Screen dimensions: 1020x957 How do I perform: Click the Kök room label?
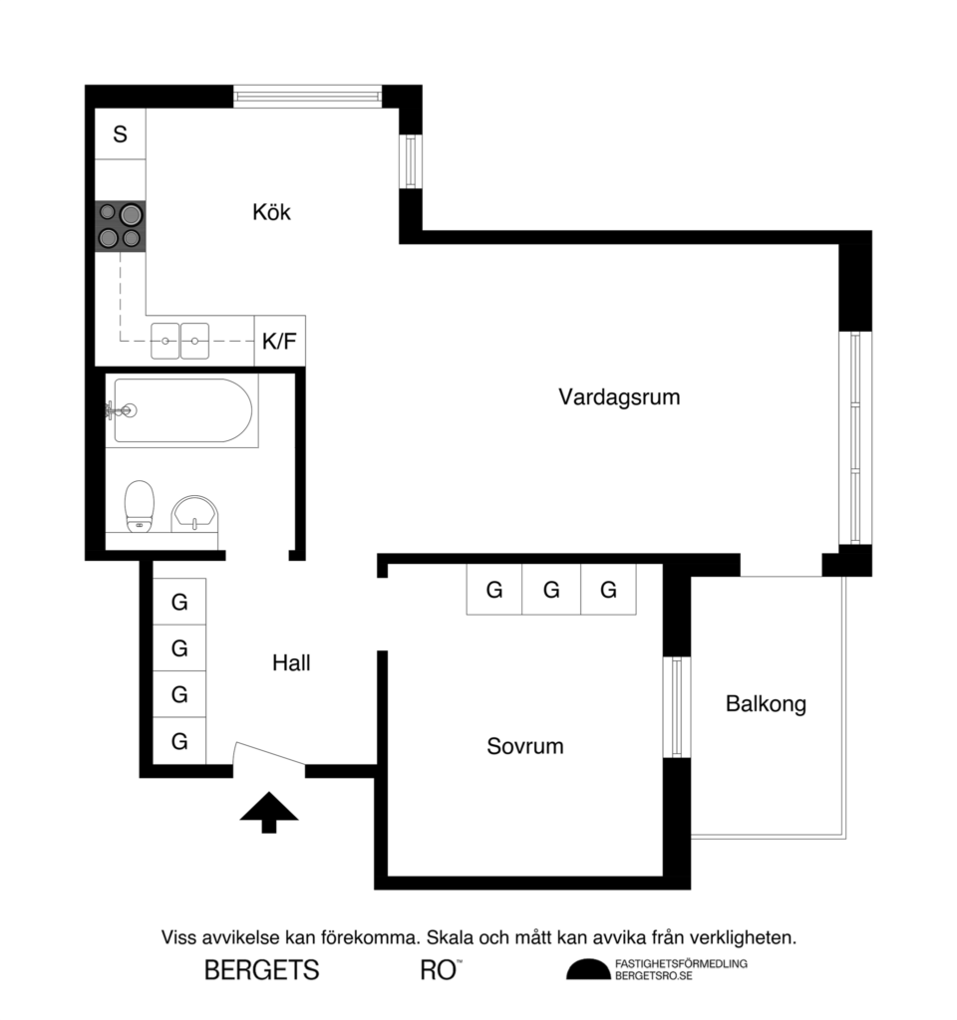click(271, 212)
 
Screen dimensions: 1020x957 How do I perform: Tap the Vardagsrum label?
click(618, 397)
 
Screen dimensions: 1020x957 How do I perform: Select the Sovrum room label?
click(524, 746)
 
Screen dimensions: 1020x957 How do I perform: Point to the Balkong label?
click(766, 704)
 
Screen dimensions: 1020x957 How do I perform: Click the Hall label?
click(291, 662)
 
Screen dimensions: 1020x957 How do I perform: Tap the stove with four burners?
click(120, 225)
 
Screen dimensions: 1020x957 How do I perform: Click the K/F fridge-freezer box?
click(279, 342)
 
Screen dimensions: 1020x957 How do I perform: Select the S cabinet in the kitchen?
click(121, 134)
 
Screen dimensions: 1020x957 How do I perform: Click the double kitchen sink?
click(180, 342)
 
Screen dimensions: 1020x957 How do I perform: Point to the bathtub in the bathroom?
click(181, 409)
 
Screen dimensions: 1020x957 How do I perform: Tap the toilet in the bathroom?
click(139, 505)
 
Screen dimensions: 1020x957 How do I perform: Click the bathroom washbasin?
click(194, 513)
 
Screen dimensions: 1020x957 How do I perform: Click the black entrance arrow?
click(269, 811)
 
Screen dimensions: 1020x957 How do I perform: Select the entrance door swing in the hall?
click(268, 757)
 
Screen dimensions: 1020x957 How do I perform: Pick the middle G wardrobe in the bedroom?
click(551, 590)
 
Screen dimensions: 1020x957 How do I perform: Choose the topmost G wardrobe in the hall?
click(179, 602)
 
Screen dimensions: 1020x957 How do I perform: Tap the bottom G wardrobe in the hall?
click(179, 741)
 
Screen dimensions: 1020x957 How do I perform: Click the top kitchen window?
click(307, 97)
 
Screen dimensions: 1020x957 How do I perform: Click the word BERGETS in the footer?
click(261, 969)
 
